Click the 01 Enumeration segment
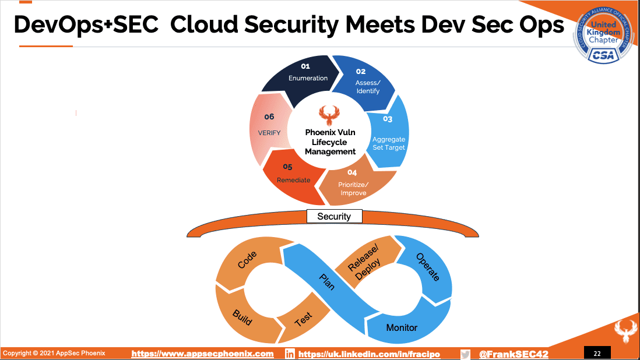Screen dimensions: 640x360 [304, 77]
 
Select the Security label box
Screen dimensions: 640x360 [335, 217]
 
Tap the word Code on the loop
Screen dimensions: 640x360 [247, 260]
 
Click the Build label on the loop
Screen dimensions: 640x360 [242, 317]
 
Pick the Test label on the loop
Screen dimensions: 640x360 [303, 319]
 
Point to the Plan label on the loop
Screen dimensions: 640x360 [327, 282]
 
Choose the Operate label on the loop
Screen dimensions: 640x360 [428, 267]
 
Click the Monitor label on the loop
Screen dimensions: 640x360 [402, 328]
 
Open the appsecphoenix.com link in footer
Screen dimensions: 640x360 [202, 354]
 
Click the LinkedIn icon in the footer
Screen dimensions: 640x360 [290, 354]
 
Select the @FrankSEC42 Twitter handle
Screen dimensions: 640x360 [514, 354]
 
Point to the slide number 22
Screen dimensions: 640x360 [597, 354]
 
